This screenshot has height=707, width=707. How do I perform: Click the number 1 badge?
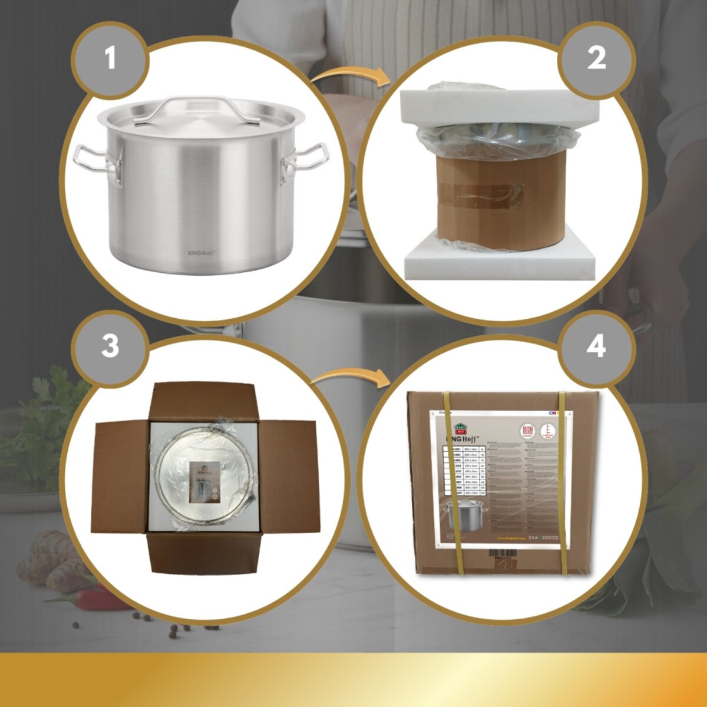[x=110, y=58]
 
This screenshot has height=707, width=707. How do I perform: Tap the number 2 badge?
[x=596, y=58]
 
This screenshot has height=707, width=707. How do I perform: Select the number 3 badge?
[x=110, y=346]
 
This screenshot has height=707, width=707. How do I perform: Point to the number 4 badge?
[x=596, y=346]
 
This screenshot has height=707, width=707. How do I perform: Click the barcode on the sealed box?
[x=502, y=553]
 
